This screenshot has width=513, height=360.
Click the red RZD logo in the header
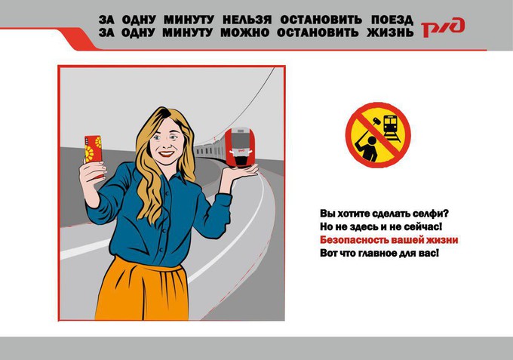(443, 27)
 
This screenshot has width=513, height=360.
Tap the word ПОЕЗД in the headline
(392, 20)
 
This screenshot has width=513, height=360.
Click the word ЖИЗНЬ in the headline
(390, 32)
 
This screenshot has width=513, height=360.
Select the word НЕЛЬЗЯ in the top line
(247, 20)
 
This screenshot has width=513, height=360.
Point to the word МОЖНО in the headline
(244, 32)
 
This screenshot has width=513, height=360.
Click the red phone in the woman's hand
(94, 149)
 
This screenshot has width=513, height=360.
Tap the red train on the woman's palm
(240, 147)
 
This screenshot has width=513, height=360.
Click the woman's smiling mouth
(167, 153)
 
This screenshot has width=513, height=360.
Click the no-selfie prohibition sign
(378, 135)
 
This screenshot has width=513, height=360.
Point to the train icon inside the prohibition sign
(392, 128)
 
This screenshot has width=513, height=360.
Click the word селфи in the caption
(430, 214)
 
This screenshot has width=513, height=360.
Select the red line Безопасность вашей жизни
(389, 240)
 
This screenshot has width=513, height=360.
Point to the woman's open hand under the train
(241, 174)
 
